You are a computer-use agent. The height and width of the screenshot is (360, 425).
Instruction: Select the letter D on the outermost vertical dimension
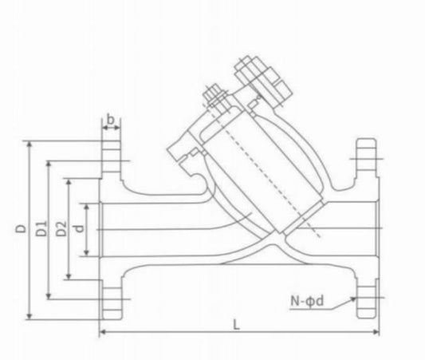click(18, 229)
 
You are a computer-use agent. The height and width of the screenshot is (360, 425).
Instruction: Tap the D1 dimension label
click(40, 229)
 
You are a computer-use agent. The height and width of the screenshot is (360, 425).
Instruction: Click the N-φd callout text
click(309, 302)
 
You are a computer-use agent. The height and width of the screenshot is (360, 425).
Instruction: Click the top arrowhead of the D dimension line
click(30, 144)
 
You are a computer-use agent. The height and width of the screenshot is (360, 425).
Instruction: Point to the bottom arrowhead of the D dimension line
click(30, 316)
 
